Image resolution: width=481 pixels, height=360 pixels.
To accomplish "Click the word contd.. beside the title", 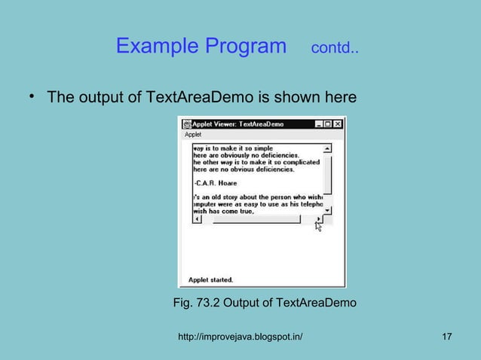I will coord(335,50).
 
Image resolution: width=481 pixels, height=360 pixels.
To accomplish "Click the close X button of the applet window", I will coord(337,124).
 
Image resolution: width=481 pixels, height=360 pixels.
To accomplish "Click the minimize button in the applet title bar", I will coord(318,124).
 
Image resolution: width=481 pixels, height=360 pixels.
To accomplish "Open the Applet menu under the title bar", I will coord(193,134).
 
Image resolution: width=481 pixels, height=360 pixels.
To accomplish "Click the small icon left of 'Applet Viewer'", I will coord(186,124).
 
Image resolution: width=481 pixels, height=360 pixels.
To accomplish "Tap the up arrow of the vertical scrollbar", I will coord(326,148).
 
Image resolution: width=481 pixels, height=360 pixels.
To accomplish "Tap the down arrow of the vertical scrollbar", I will coord(326,211).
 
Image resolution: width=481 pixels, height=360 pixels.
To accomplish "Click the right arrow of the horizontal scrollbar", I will coord(319,219).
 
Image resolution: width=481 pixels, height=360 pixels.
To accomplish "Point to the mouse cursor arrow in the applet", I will coord(318,225).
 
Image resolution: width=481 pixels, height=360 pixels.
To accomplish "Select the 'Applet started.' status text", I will coord(210,279).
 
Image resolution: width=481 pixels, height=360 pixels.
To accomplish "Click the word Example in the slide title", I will coord(156,47).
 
